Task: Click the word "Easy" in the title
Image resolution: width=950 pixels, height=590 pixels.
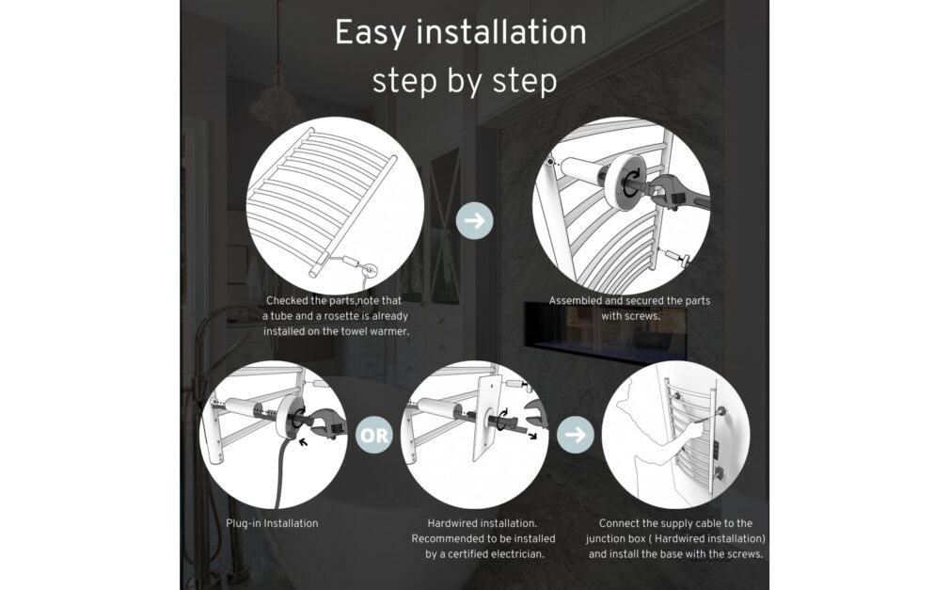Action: (x=371, y=33)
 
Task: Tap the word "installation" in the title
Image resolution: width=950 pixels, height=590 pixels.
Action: (x=501, y=32)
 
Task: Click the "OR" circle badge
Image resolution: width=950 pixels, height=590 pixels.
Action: (x=373, y=435)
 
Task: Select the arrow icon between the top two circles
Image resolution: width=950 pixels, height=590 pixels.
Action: (x=474, y=220)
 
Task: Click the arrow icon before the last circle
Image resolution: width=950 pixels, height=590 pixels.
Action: (x=575, y=435)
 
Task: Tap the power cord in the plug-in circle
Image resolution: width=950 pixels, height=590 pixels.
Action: (x=280, y=473)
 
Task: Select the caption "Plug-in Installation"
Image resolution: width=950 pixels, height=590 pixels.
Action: (x=272, y=523)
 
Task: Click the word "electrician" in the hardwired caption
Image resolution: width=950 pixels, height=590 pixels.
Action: (x=516, y=553)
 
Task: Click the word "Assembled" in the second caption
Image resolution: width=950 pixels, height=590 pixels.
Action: (x=575, y=300)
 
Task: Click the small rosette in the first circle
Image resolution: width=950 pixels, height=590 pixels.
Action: (x=369, y=269)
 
